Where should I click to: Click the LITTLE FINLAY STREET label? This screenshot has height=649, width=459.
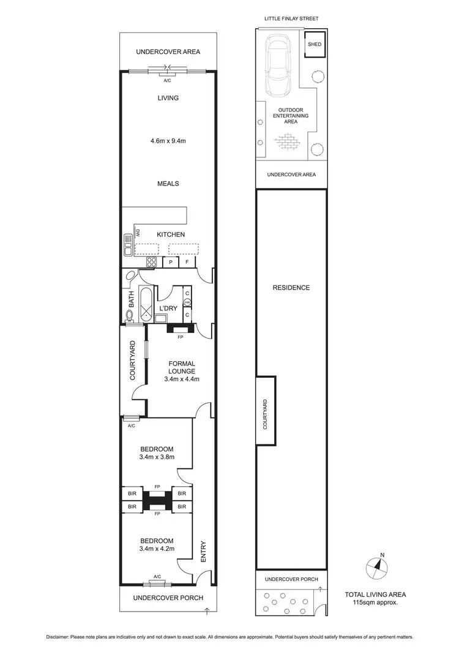(291, 19)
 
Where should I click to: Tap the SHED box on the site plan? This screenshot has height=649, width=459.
(314, 45)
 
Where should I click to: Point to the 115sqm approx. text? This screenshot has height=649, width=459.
(375, 603)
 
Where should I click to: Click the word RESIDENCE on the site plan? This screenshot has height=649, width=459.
(291, 288)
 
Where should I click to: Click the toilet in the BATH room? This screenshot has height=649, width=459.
(129, 315)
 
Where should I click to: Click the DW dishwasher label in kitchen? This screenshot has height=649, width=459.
(138, 233)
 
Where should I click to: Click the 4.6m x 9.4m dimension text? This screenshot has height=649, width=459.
(168, 141)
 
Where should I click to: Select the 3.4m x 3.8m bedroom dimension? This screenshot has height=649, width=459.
(157, 456)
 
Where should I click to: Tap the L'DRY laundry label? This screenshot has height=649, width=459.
(168, 308)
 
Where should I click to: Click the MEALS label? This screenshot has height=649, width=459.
(168, 183)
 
